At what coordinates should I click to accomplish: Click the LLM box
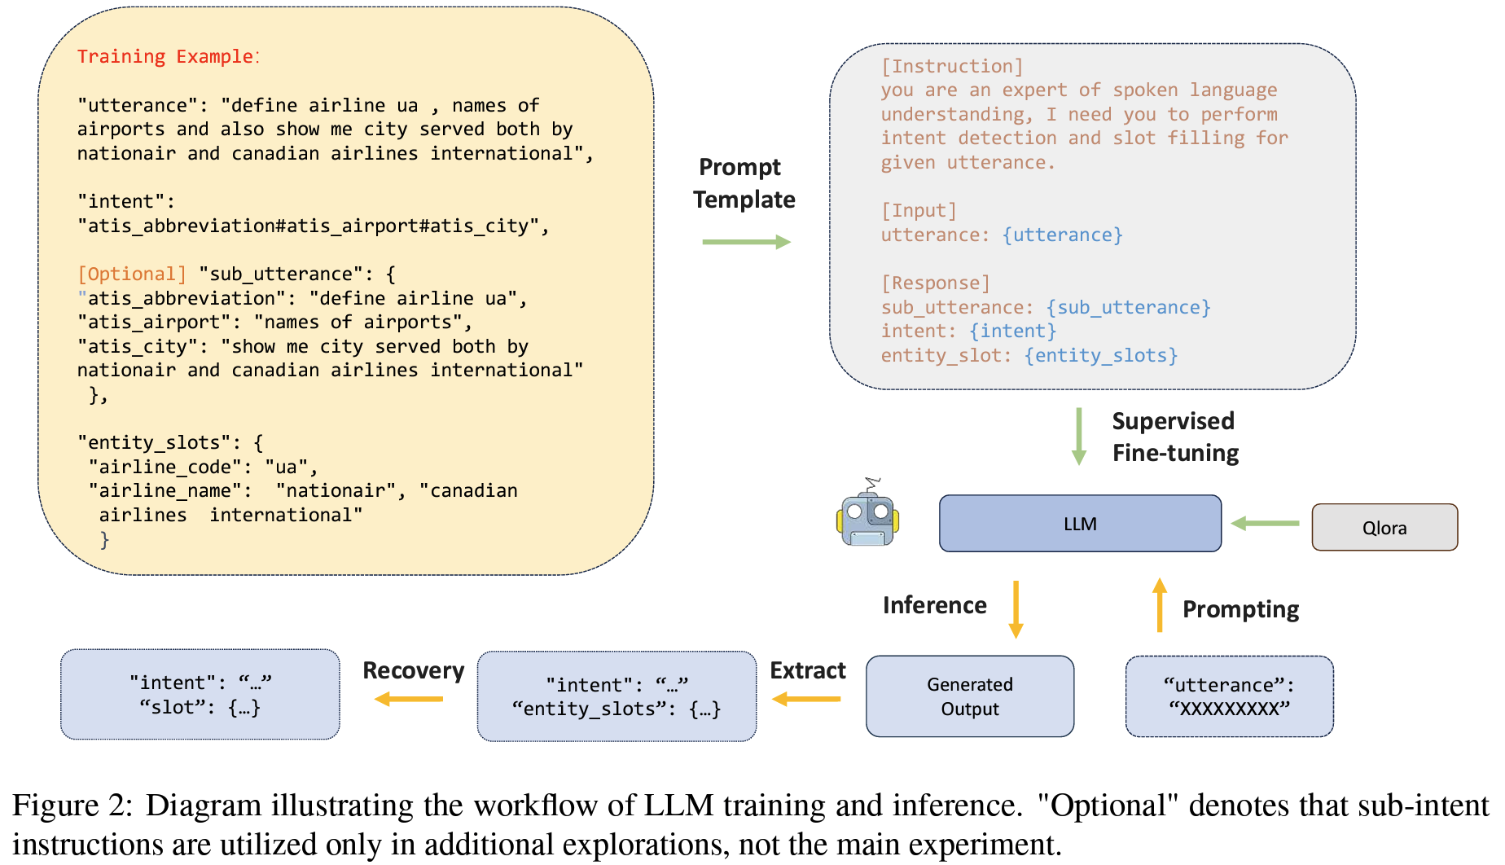(1080, 524)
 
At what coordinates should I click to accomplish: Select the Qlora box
(1384, 528)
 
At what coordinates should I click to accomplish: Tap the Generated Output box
(969, 696)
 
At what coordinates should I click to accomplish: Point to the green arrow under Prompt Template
(746, 242)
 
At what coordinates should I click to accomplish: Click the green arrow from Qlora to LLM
(1266, 524)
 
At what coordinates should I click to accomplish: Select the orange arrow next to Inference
(1016, 609)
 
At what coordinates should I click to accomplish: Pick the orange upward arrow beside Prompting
(1160, 605)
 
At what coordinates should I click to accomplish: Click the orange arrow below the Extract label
(806, 699)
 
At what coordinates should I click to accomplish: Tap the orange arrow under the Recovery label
(409, 699)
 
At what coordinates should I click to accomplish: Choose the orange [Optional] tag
(132, 274)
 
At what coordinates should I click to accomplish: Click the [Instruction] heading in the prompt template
(951, 66)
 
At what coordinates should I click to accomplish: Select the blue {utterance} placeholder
(1063, 235)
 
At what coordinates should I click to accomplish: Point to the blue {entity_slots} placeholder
(1101, 355)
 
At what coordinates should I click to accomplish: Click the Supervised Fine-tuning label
(1174, 437)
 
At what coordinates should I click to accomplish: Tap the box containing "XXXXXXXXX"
(1229, 696)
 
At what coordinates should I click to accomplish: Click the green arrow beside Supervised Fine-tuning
(1079, 437)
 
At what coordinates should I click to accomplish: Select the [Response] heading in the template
(935, 283)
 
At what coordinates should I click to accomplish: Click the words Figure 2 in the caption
(72, 806)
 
